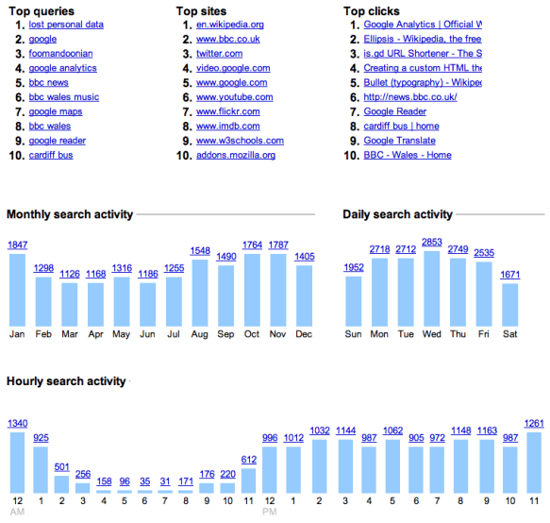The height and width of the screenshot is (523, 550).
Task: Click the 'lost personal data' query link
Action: pos(66,25)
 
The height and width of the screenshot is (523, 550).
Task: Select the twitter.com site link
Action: pos(219,54)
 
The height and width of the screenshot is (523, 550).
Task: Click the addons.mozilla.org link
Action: pos(235,155)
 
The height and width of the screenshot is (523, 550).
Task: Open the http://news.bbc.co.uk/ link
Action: pos(410,97)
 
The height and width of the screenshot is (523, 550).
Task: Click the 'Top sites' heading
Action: pos(201,11)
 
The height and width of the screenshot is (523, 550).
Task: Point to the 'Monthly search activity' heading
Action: pos(70,215)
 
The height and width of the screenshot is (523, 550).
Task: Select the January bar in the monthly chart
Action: pos(17,290)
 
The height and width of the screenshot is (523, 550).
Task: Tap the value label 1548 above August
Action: pos(199,251)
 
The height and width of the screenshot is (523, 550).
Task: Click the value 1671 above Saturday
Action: pos(510,274)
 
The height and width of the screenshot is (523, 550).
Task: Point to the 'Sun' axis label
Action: pos(354,334)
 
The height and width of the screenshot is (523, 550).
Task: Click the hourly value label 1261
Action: pos(535,423)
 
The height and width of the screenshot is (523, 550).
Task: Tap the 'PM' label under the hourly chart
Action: pos(270,513)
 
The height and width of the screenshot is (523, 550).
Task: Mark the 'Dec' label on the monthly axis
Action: pos(304,334)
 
